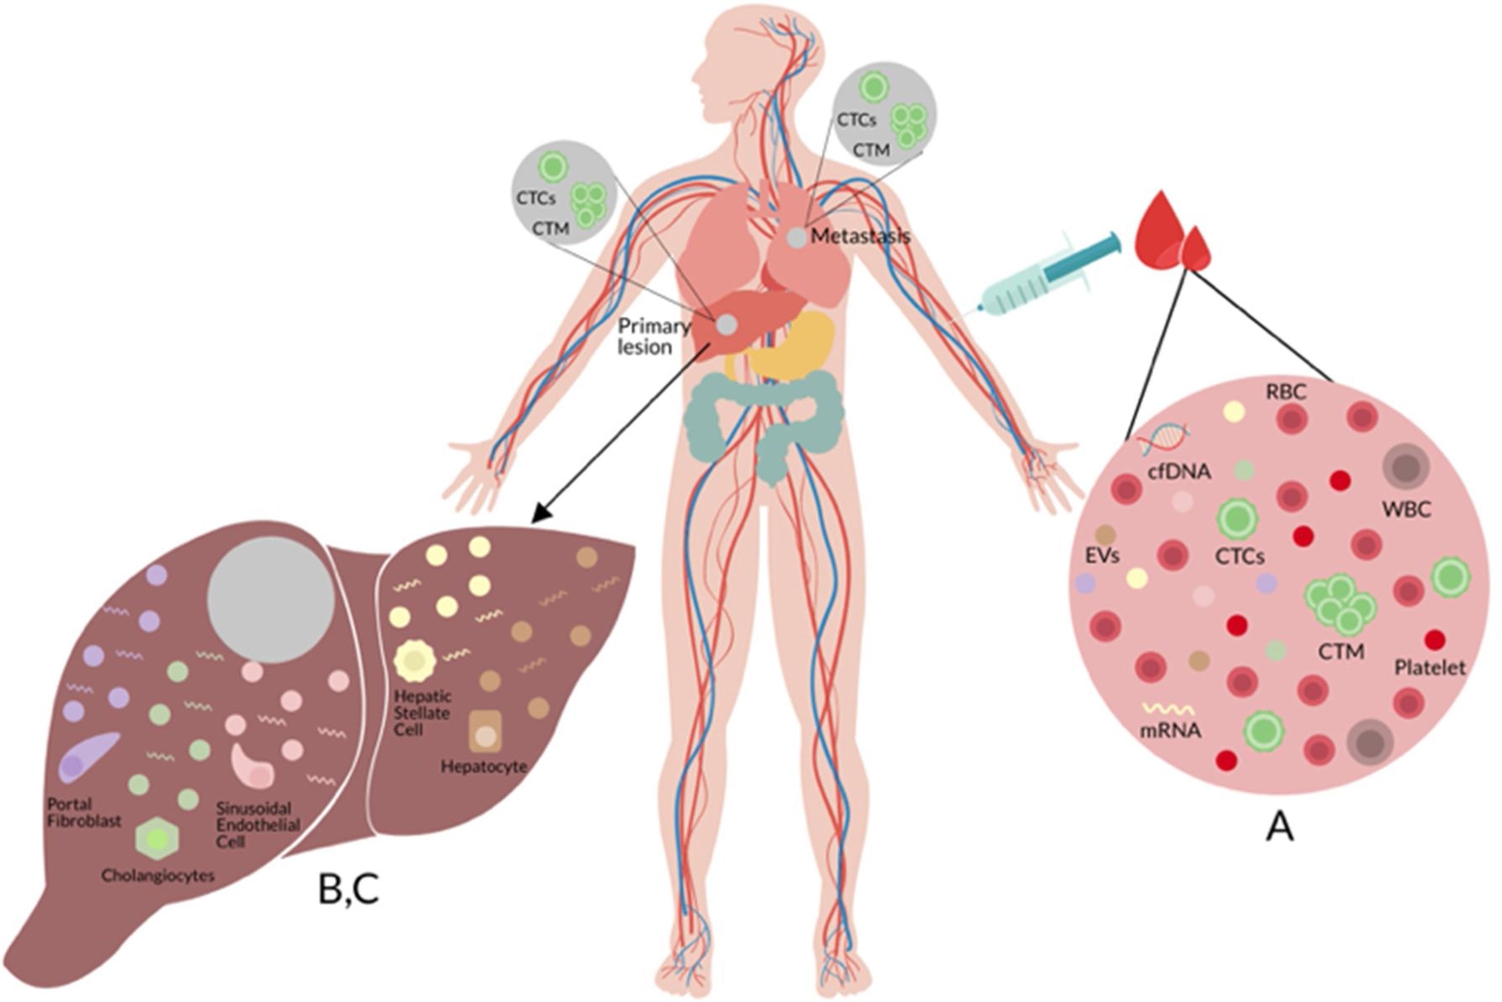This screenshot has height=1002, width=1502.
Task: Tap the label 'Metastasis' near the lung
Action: [x=860, y=237]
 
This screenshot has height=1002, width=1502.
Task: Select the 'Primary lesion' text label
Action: [x=653, y=337]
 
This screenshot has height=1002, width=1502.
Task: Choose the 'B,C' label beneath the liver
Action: [x=349, y=891]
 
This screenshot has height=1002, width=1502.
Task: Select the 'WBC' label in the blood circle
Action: [x=1406, y=509]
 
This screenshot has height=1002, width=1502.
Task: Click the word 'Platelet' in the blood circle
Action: [x=1430, y=668]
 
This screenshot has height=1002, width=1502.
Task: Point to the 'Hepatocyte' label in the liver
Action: [x=484, y=766]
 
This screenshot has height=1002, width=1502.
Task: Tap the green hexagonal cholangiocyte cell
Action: [x=158, y=838]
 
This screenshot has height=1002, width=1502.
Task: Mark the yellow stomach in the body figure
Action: [x=792, y=345]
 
